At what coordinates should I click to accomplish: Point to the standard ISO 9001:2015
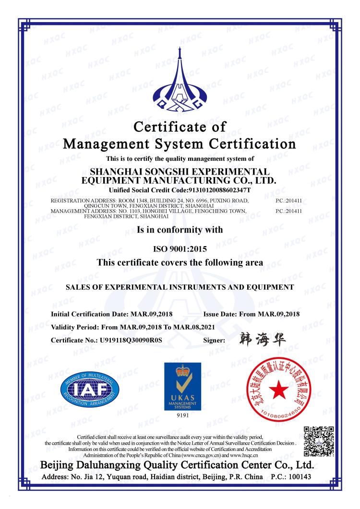click(x=180, y=249)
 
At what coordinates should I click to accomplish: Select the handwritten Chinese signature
click(x=260, y=339)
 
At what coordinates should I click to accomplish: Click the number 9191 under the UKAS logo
click(x=180, y=415)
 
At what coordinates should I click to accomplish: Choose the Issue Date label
click(x=222, y=314)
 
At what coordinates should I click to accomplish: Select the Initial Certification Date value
click(x=151, y=314)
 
